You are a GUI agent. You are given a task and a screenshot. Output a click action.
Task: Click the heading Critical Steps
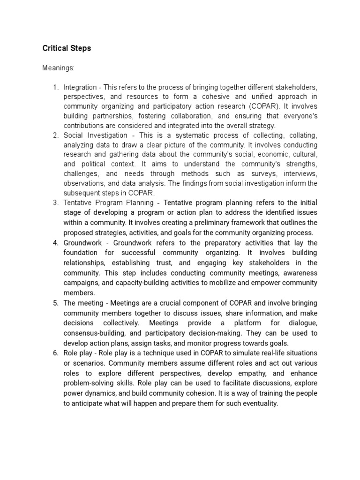click(67, 48)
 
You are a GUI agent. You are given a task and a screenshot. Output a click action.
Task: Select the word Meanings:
click(58, 68)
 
